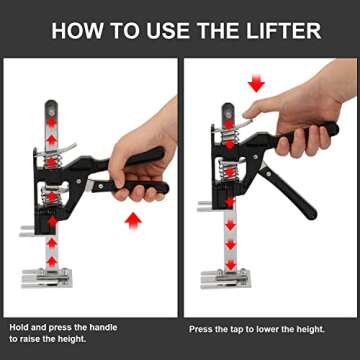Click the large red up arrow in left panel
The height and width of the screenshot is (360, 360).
pyautogui.click(x=131, y=219)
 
